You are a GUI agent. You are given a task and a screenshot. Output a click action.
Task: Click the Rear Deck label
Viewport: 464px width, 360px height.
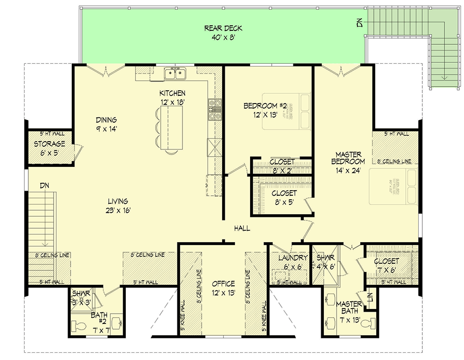[x=223, y=32]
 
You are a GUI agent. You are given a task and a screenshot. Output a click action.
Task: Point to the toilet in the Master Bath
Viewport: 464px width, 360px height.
[x=367, y=324]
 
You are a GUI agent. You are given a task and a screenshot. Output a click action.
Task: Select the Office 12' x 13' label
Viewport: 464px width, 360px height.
[x=223, y=288]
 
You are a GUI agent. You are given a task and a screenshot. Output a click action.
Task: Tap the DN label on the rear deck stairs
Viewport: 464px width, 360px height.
[x=359, y=22]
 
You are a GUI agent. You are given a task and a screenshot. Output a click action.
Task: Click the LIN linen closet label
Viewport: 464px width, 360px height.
[x=369, y=298]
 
